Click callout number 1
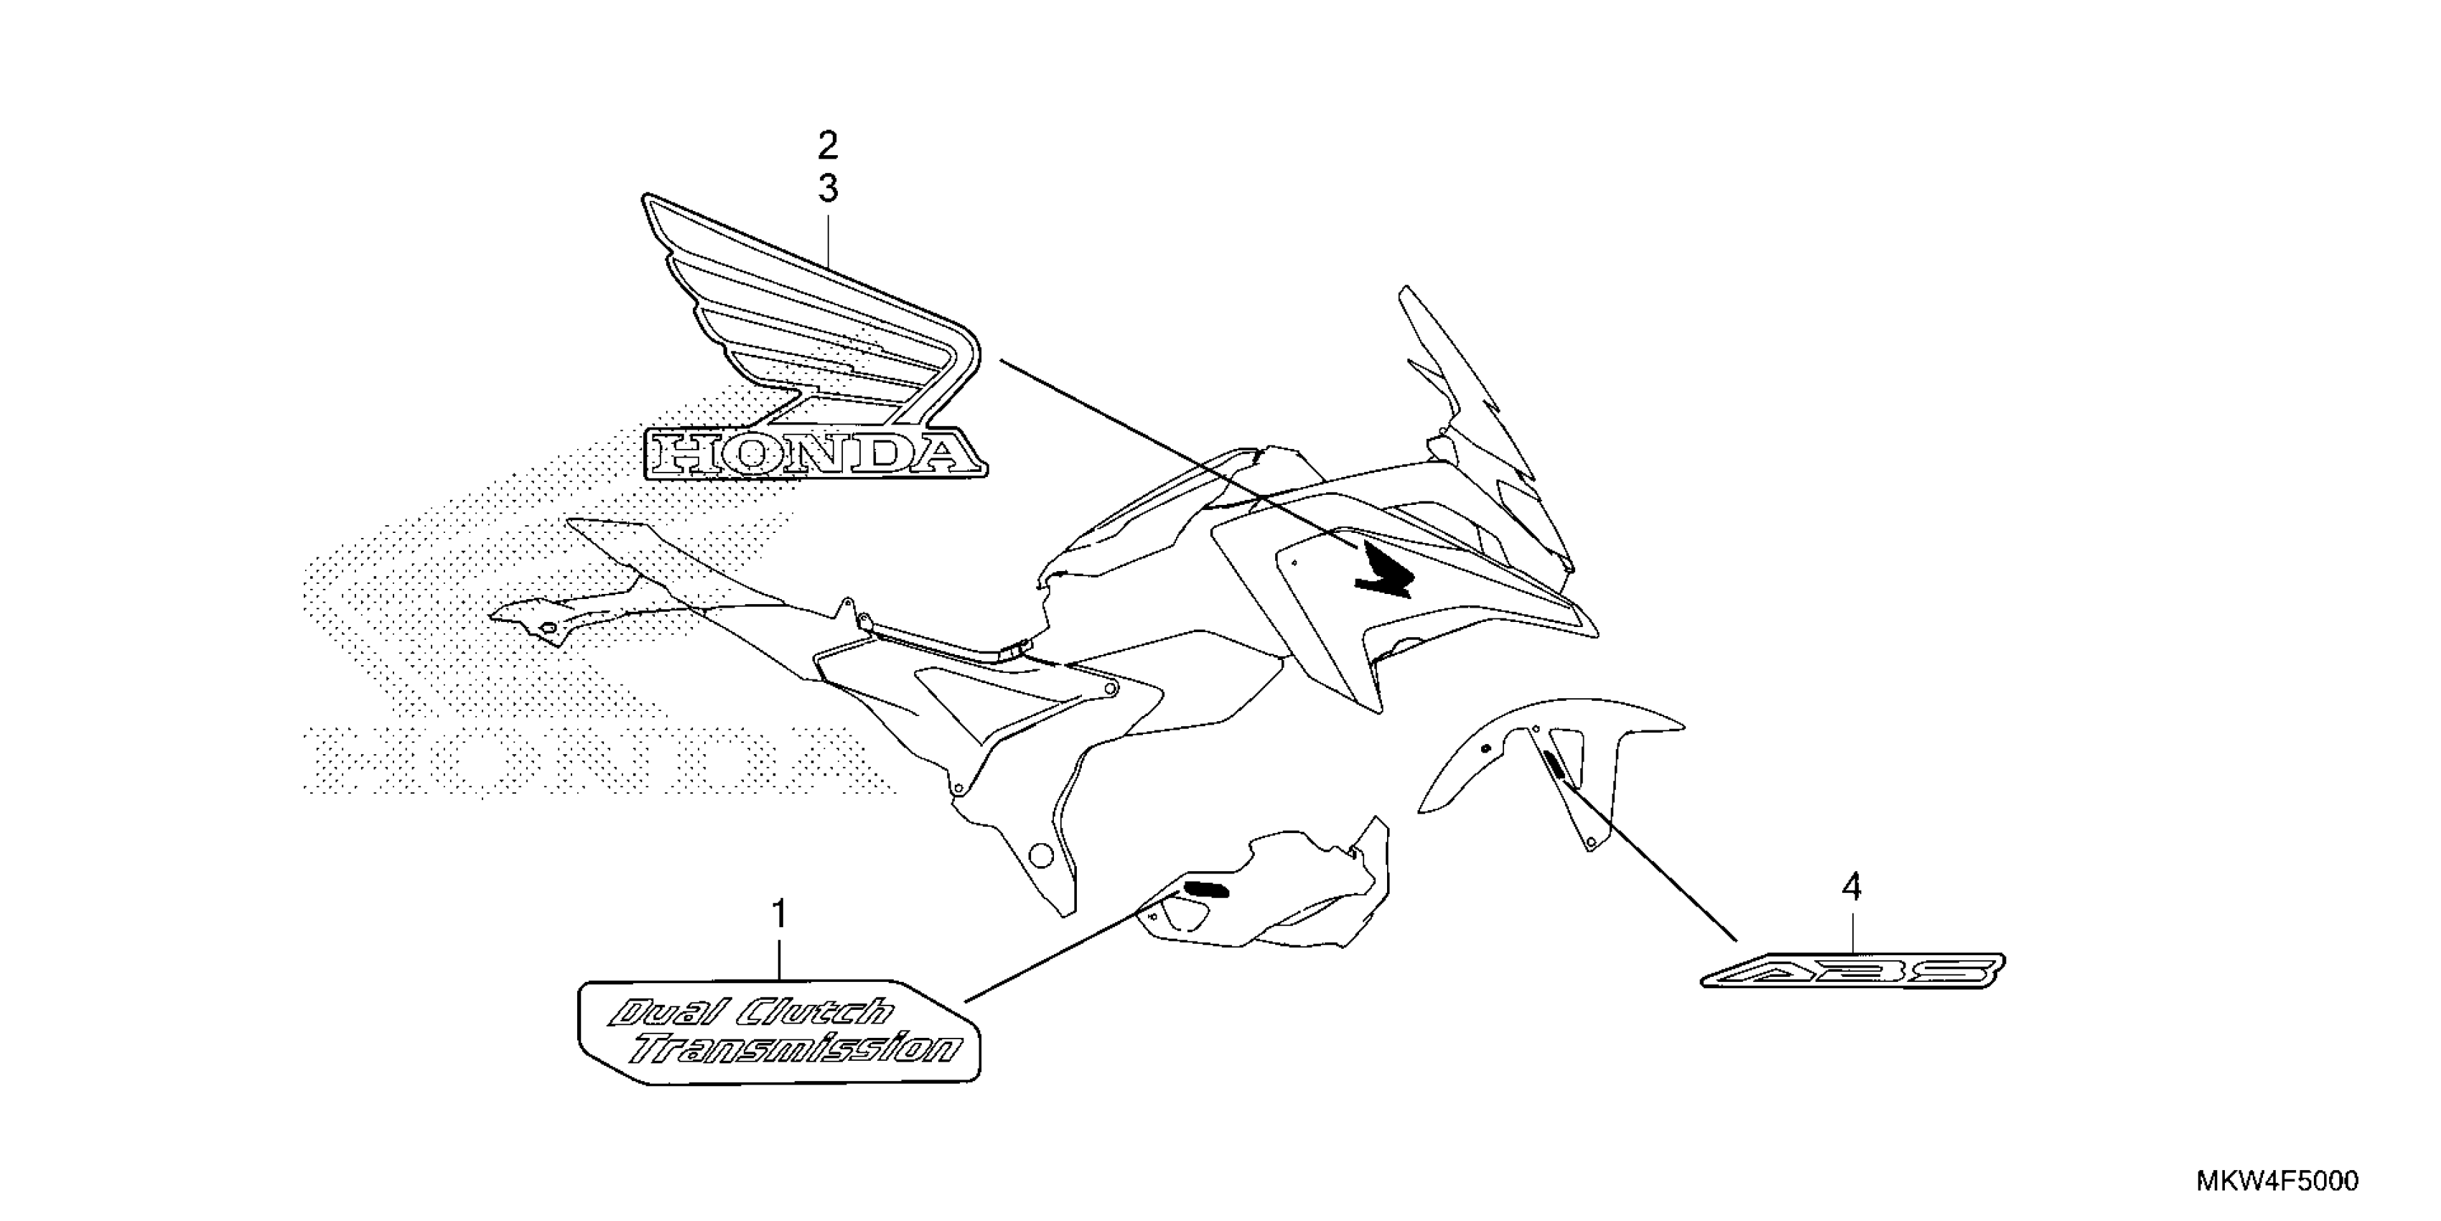[779, 916]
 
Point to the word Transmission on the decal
[796, 1047]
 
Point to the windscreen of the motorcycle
[1483, 427]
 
